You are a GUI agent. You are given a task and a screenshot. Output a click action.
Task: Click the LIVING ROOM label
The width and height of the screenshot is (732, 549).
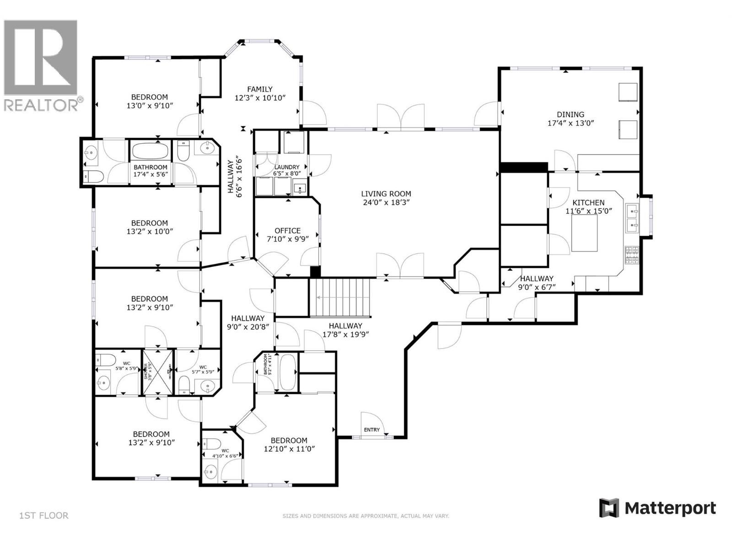pos(386,194)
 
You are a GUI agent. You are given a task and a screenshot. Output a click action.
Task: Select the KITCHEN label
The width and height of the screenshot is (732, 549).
pos(588,203)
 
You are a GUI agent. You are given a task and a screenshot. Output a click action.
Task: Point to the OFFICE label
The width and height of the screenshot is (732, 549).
pos(287,231)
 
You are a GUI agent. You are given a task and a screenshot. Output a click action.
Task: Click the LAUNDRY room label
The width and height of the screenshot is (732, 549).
pos(286,167)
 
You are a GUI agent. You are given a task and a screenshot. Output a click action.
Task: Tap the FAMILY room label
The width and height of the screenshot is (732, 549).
pos(260,89)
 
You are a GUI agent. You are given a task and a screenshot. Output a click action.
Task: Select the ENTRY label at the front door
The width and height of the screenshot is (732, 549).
pos(371,430)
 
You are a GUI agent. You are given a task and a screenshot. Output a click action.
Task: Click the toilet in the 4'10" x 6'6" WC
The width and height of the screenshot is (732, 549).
pos(211,443)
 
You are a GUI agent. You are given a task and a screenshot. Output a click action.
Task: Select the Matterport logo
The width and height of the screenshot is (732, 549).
pos(657,508)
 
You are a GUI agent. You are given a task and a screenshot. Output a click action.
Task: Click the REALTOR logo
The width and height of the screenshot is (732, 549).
pos(41,64)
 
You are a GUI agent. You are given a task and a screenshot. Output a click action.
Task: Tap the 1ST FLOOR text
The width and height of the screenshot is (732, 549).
pos(44,516)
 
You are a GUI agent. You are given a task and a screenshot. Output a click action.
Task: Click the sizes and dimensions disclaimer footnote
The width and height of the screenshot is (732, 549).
pos(366,516)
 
